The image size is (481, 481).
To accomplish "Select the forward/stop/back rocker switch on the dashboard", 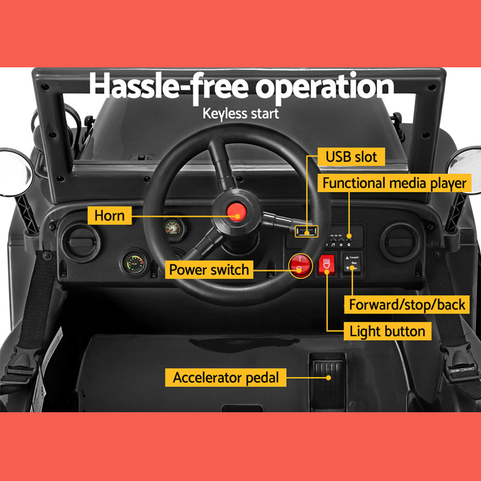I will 352,264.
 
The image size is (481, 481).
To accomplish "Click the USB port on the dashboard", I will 306,231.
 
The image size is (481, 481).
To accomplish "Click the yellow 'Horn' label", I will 109,215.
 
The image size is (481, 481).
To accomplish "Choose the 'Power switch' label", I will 209,269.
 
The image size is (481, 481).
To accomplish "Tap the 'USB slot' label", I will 352,156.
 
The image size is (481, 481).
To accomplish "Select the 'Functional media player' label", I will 394,183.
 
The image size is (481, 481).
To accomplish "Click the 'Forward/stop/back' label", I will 407,304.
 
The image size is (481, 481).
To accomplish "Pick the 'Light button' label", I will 387,331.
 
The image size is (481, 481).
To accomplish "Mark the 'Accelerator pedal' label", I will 226,377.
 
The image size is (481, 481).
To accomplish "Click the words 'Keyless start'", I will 240,114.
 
